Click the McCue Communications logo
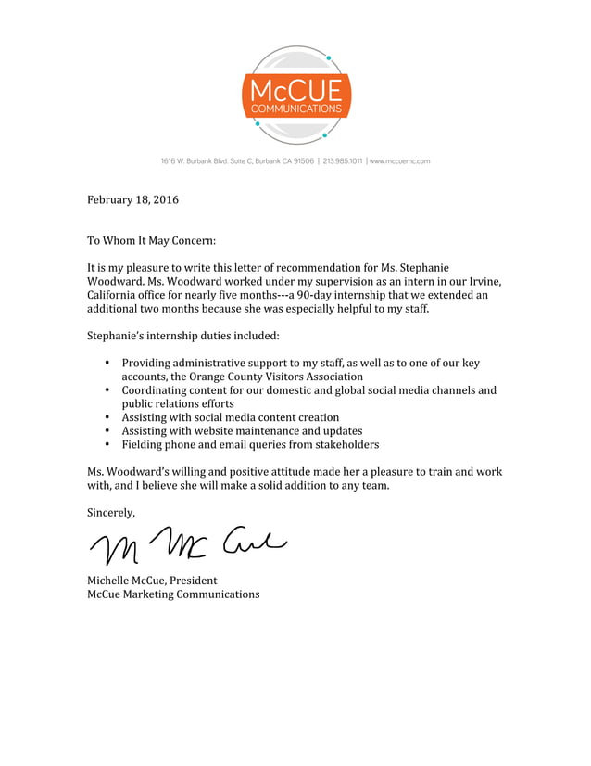[295, 96]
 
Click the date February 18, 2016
[132, 200]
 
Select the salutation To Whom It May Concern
[151, 241]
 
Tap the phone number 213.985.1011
[343, 161]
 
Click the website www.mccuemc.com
[400, 161]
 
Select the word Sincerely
[111, 513]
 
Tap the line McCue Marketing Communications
[173, 594]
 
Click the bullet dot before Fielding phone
[107, 444]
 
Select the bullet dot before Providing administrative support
[107, 364]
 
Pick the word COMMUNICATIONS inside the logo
[295, 109]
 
